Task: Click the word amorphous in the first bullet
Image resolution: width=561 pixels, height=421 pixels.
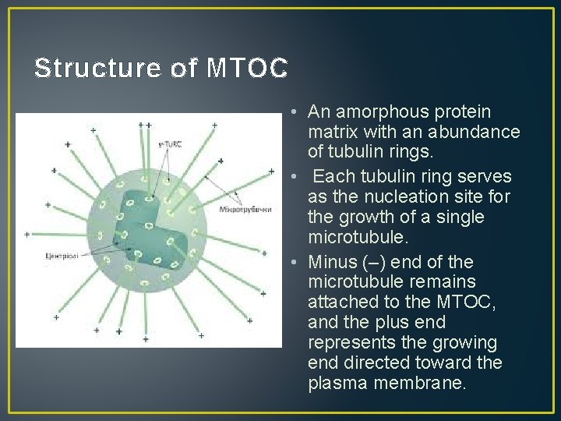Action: click(x=372, y=111)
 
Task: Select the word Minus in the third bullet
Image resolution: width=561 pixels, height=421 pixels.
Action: click(x=330, y=261)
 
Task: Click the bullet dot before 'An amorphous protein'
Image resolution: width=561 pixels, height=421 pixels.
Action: click(x=290, y=111)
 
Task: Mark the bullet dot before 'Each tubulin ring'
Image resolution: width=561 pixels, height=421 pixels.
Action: click(x=290, y=176)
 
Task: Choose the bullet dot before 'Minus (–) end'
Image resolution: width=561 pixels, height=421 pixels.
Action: click(x=290, y=261)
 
